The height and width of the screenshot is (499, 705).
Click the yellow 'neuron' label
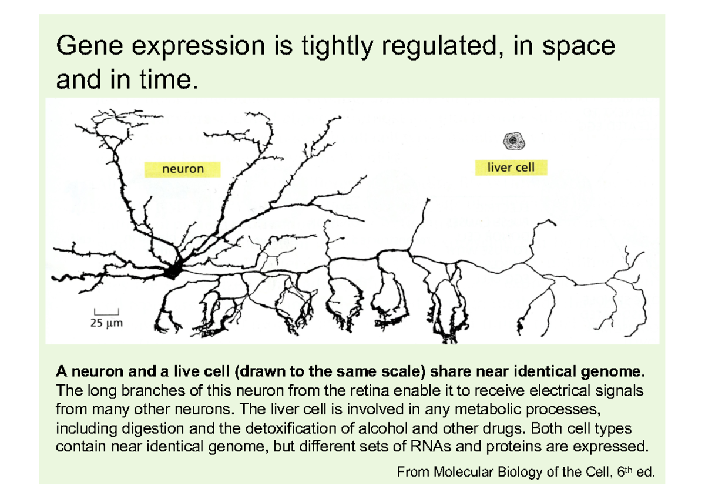click(183, 169)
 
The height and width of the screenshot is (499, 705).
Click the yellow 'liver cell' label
click(511, 168)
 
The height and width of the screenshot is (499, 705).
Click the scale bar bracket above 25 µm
click(106, 311)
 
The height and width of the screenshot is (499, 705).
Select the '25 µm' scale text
click(106, 323)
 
